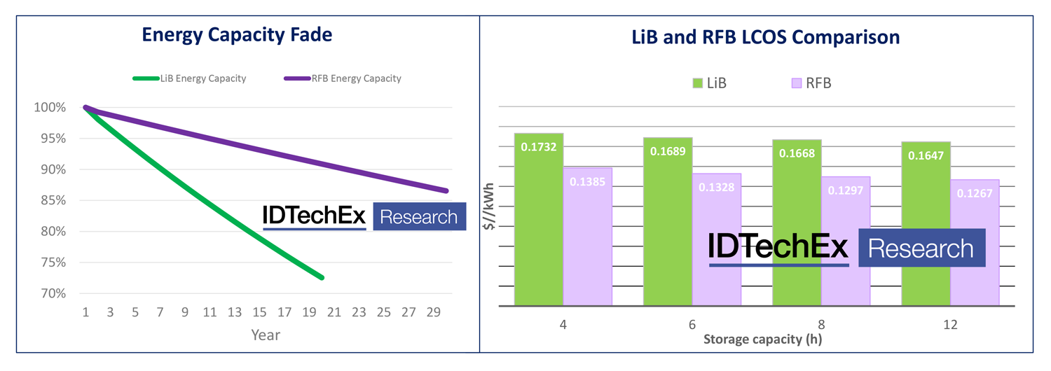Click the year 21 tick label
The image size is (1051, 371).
pyautogui.click(x=334, y=313)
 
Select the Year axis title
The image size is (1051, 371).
pyautogui.click(x=266, y=335)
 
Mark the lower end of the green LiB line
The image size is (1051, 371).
pyautogui.click(x=322, y=278)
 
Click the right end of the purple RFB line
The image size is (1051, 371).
pyautogui.click(x=446, y=190)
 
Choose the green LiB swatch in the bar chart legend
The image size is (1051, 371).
pyautogui.click(x=697, y=83)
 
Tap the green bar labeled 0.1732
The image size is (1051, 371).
pyautogui.click(x=539, y=224)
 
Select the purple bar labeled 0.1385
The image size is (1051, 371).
pyautogui.click(x=587, y=238)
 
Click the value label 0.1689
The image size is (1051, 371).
pyautogui.click(x=667, y=150)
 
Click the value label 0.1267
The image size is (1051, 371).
pyautogui.click(x=975, y=193)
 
